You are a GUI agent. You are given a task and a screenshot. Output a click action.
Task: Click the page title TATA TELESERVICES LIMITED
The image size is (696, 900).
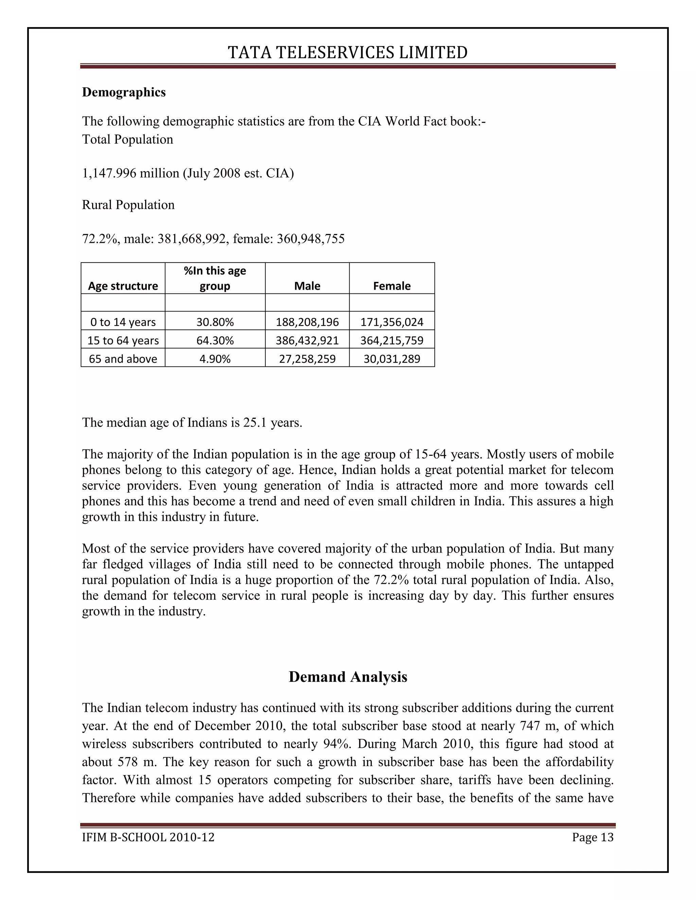pyautogui.click(x=348, y=53)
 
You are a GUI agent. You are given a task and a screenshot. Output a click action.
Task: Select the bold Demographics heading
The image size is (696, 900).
pyautogui.click(x=124, y=92)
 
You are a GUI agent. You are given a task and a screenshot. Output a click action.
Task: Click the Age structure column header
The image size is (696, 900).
pyautogui.click(x=123, y=286)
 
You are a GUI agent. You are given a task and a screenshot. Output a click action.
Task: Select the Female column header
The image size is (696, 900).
pyautogui.click(x=392, y=286)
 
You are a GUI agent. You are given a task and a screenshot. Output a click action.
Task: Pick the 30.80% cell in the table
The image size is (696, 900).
pyautogui.click(x=215, y=322)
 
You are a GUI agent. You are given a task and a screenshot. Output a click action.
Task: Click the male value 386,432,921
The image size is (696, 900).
pyautogui.click(x=307, y=340)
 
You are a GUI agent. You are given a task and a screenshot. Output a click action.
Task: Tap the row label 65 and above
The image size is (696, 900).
pyautogui.click(x=123, y=359)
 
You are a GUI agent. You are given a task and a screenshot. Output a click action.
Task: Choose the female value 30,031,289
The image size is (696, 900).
pyautogui.click(x=392, y=359)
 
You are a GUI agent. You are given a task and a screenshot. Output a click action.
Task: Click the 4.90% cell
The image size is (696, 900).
pyautogui.click(x=215, y=359)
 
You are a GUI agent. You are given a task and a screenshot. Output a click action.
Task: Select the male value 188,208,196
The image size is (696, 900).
pyautogui.click(x=307, y=322)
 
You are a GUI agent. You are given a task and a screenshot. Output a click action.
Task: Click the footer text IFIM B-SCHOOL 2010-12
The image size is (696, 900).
pyautogui.click(x=149, y=838)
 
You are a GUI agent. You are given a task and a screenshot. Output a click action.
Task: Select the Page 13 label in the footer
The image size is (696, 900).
pyautogui.click(x=592, y=838)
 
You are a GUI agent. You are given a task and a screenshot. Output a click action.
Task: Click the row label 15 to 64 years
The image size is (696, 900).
pyautogui.click(x=123, y=340)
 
